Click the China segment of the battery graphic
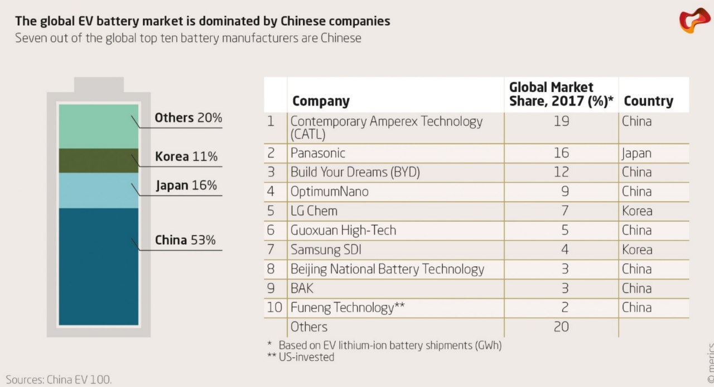(99, 266)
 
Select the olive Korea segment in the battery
(99, 160)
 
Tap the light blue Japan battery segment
(99, 190)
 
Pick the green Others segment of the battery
(99, 126)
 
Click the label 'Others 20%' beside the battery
(188, 118)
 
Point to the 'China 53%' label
(185, 241)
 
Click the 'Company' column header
(321, 101)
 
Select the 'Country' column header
(648, 101)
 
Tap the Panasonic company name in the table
(318, 153)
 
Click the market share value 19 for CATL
(561, 121)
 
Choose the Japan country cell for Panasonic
(636, 153)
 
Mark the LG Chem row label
(314, 211)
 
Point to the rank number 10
(274, 308)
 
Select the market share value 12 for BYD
(561, 172)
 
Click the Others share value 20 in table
(561, 327)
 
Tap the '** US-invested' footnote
(301, 357)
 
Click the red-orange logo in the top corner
(694, 20)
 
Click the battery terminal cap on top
(99, 85)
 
